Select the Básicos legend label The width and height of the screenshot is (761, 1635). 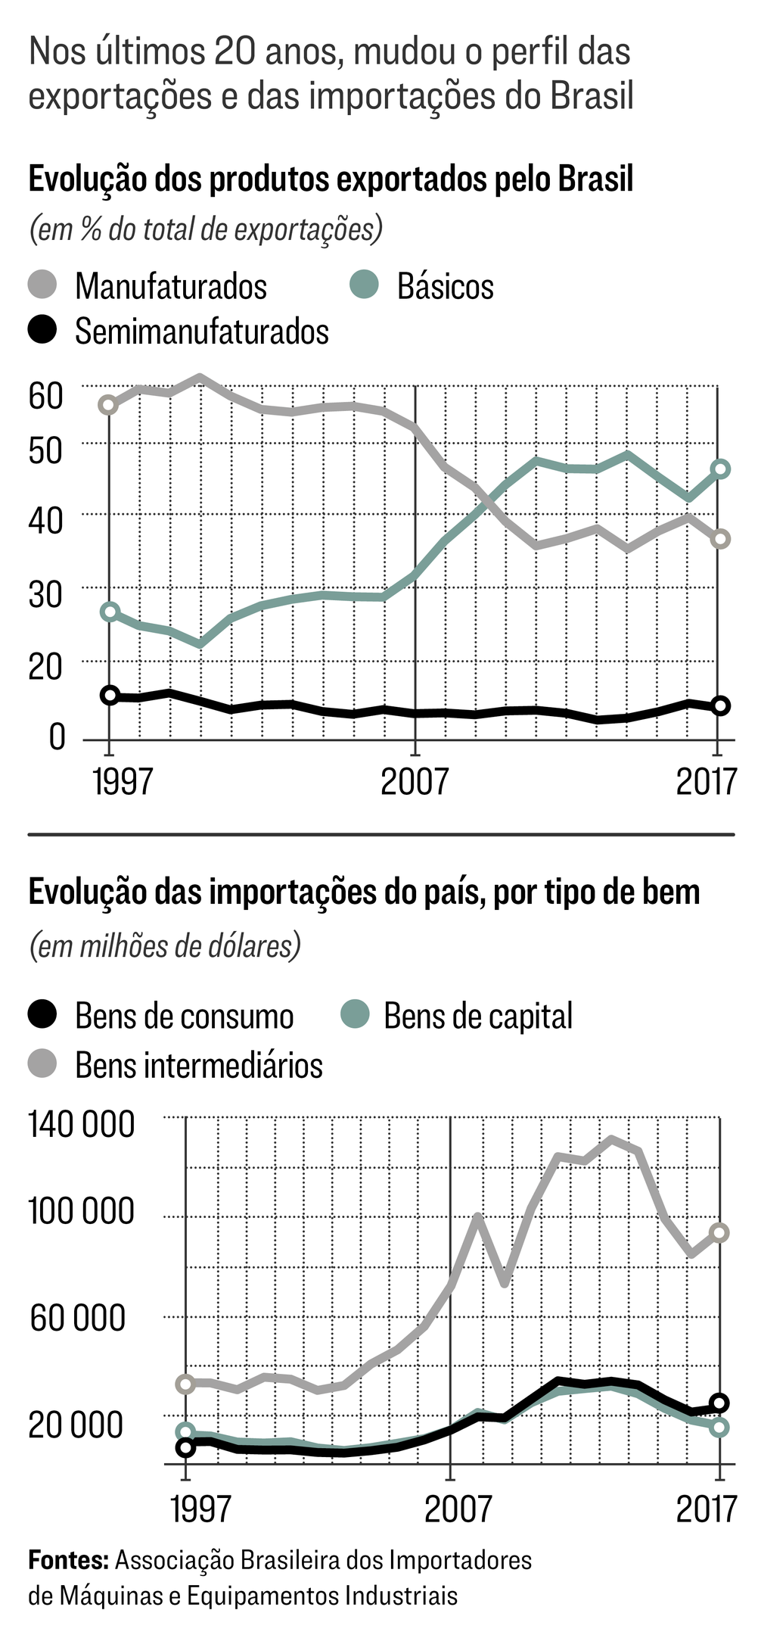click(445, 286)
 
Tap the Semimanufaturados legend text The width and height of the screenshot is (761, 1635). click(201, 332)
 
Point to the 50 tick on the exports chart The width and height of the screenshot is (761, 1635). click(45, 450)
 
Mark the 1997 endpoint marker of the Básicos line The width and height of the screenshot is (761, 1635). click(110, 612)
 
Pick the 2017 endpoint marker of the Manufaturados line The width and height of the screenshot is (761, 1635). click(721, 539)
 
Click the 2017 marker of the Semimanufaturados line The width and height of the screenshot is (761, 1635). click(721, 705)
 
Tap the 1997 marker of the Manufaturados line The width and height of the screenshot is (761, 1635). click(109, 405)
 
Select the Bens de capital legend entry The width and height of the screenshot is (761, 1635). click(477, 1016)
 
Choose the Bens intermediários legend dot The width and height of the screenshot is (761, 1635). click(42, 1064)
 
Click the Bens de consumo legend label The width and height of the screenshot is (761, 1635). click(184, 1016)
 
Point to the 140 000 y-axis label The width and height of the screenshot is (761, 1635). click(81, 1124)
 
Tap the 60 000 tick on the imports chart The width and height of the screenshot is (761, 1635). click(77, 1318)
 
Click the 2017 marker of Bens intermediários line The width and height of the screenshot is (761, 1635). click(720, 1233)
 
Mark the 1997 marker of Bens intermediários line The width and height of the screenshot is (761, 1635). click(185, 1384)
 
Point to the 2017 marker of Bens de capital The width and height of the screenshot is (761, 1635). click(720, 1427)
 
